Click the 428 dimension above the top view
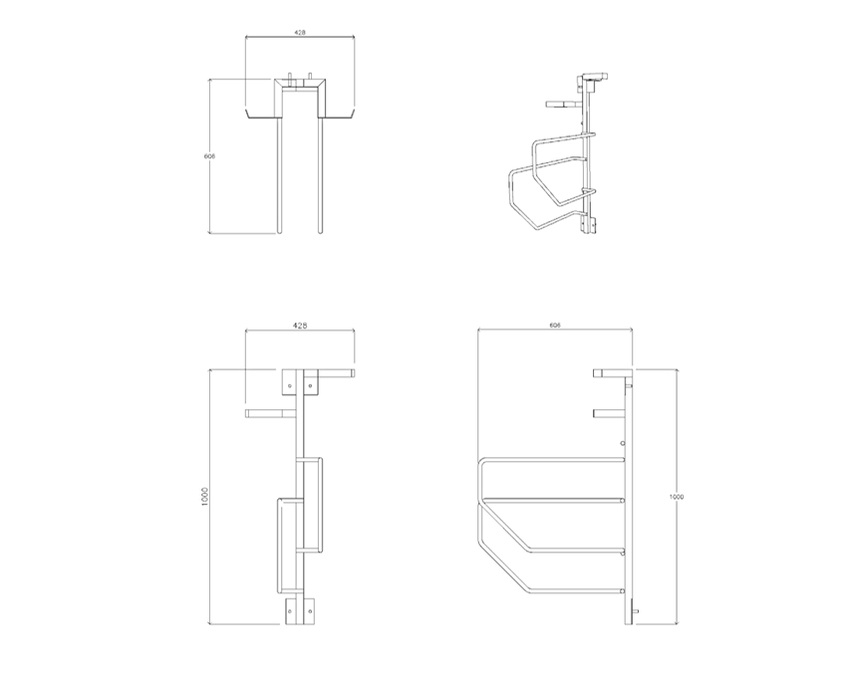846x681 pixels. (x=300, y=33)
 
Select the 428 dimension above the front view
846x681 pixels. (x=300, y=326)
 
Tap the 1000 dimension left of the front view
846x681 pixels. (x=203, y=496)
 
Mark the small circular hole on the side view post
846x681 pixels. (x=623, y=443)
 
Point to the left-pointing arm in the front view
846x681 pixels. (x=270, y=411)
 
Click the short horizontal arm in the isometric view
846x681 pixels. (x=562, y=102)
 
